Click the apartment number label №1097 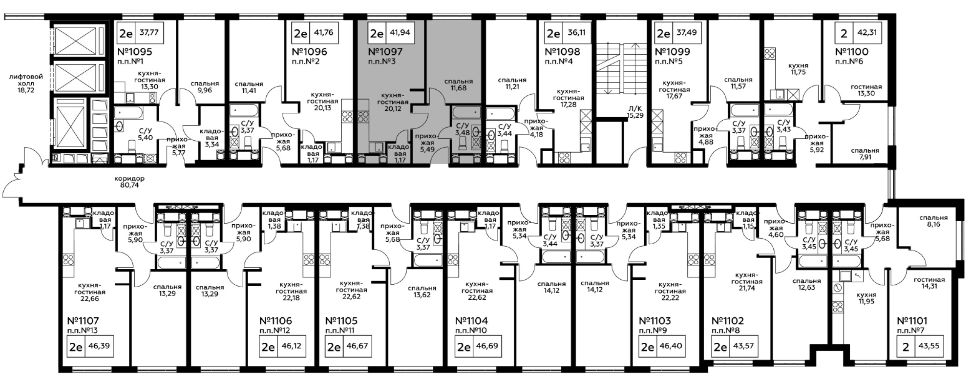[x=385, y=52]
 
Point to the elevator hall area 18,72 [x=26, y=90]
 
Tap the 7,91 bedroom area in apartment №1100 [x=865, y=157]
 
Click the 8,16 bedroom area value [x=933, y=224]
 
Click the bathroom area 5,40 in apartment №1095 [x=145, y=138]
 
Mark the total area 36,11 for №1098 [x=576, y=32]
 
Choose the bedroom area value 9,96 [x=204, y=90]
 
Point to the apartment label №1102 [x=727, y=321]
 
